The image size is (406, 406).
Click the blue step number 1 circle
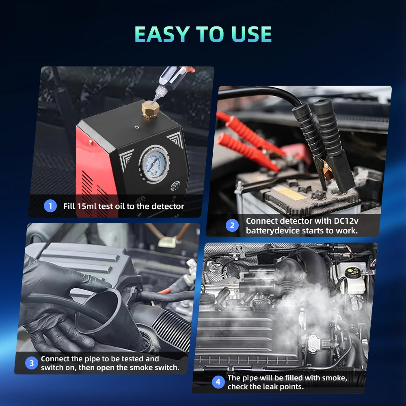[x=50, y=206]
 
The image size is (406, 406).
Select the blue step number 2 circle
[x=232, y=225]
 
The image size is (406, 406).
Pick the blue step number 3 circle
[x=32, y=363]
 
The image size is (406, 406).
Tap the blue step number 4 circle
[x=218, y=382]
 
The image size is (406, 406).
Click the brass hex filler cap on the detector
[x=150, y=110]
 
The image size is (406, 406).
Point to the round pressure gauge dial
[x=154, y=164]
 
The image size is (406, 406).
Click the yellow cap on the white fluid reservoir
[x=353, y=271]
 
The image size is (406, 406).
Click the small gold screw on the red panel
[x=91, y=142]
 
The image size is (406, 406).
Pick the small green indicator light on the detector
[x=176, y=186]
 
